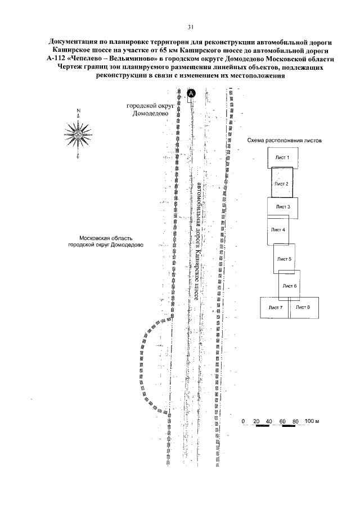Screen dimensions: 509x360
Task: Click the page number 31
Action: [191, 26]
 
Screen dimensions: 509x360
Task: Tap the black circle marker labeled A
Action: [191, 93]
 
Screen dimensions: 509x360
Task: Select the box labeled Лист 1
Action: [282, 157]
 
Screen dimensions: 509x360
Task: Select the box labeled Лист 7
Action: [274, 308]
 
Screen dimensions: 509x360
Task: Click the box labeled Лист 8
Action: [304, 308]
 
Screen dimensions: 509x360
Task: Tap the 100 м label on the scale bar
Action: [312, 421]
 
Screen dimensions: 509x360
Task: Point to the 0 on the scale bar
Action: [244, 421]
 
